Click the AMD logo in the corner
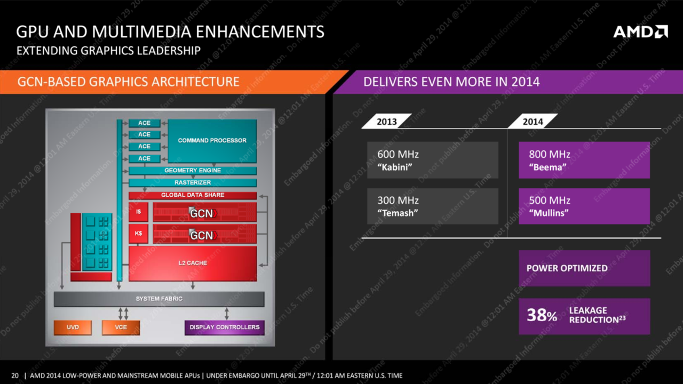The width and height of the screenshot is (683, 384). click(x=641, y=31)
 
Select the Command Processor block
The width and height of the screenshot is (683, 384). click(x=212, y=141)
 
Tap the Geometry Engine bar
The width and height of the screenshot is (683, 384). click(x=193, y=170)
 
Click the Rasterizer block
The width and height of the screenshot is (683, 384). click(x=193, y=182)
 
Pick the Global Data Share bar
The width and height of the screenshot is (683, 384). click(x=193, y=195)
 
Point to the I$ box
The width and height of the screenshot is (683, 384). click(x=138, y=212)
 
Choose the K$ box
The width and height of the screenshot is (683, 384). click(x=138, y=234)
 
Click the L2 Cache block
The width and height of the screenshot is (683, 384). click(x=193, y=263)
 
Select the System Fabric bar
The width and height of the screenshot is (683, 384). click(x=159, y=299)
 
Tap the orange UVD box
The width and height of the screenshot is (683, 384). click(x=73, y=327)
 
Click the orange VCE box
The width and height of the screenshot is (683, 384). click(x=121, y=327)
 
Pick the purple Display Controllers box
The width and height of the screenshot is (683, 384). click(x=225, y=327)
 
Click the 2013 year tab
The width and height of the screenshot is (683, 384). click(x=387, y=121)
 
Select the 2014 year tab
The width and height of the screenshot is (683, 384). click(x=533, y=121)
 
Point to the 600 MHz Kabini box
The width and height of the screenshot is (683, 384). click(x=433, y=160)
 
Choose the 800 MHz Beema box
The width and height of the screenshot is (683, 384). click(x=584, y=160)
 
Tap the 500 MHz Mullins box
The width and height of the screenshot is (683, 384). click(x=584, y=206)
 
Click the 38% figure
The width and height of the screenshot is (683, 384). click(x=542, y=315)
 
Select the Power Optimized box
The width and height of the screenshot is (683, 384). click(x=584, y=268)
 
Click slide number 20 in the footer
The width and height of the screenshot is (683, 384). click(x=15, y=375)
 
